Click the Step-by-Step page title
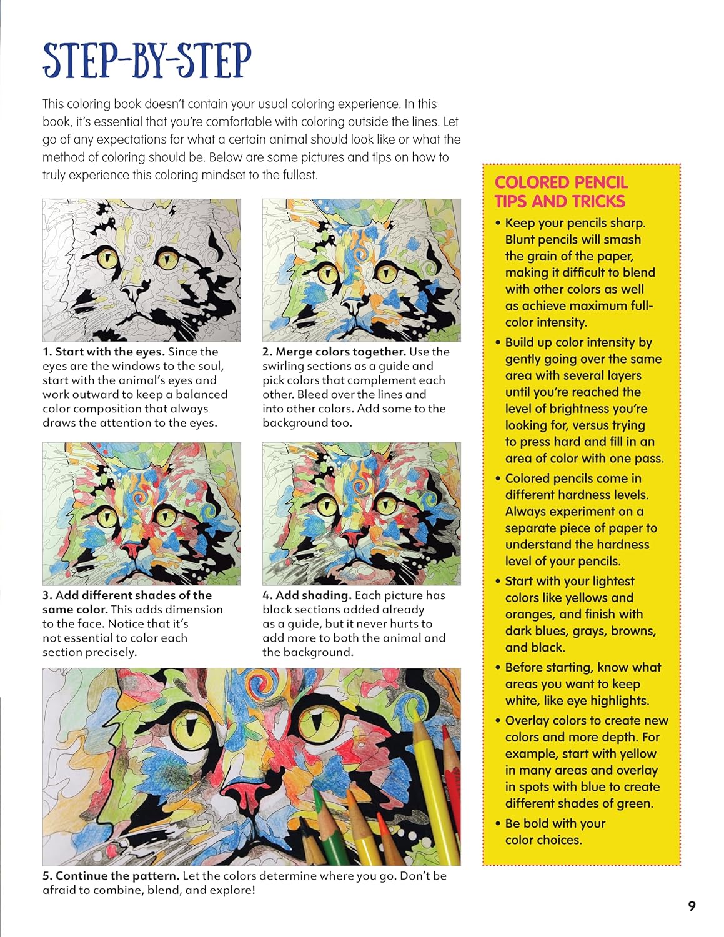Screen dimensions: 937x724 [x=147, y=61]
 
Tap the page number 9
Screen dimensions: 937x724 [x=692, y=906]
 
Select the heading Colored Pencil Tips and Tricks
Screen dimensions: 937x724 [x=560, y=192]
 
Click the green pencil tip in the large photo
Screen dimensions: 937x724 [x=318, y=796]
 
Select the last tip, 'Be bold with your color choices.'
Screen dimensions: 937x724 [x=555, y=831]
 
